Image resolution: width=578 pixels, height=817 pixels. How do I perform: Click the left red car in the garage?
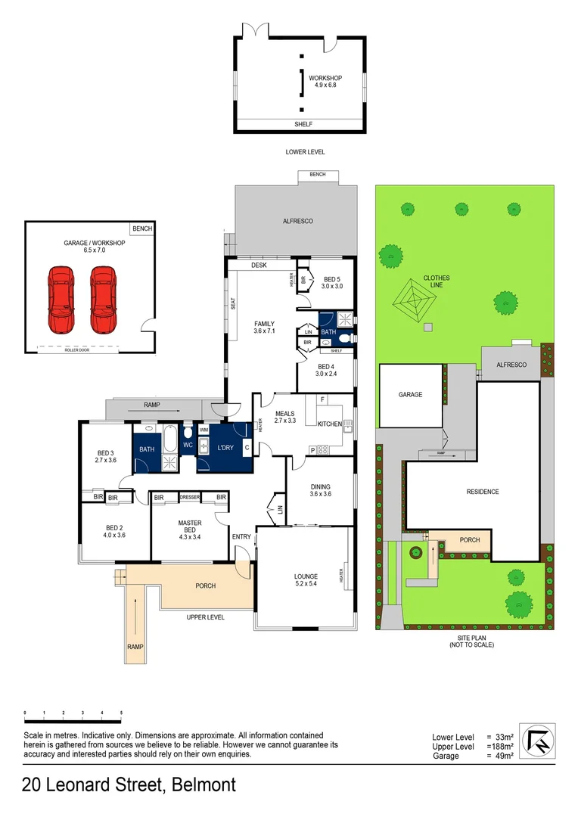[62, 300]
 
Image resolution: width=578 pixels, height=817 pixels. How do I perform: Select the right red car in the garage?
[104, 300]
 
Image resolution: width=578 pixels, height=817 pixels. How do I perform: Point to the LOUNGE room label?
[306, 580]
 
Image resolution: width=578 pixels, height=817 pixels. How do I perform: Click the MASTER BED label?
[189, 527]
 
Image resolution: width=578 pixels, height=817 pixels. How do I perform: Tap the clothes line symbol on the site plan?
[413, 302]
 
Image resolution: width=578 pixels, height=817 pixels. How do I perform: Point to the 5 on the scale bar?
[121, 713]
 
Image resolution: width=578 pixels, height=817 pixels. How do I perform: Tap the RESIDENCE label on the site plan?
[482, 492]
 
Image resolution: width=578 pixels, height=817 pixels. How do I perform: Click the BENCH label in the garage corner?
[141, 228]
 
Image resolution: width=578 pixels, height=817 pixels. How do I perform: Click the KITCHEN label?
[329, 424]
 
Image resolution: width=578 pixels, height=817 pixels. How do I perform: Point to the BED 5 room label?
[332, 282]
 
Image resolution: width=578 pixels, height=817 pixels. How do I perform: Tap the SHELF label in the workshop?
[302, 125]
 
